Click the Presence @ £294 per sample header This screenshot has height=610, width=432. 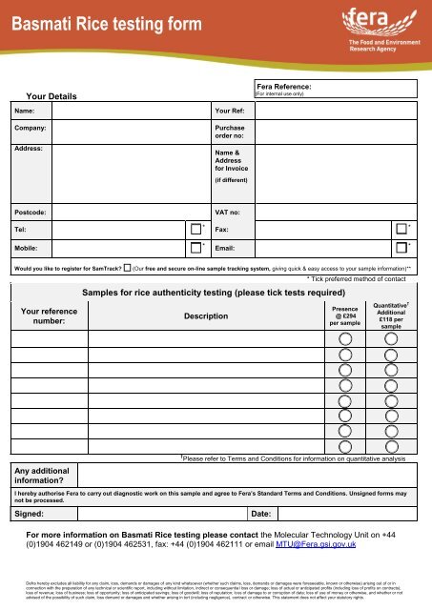[x=344, y=315]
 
